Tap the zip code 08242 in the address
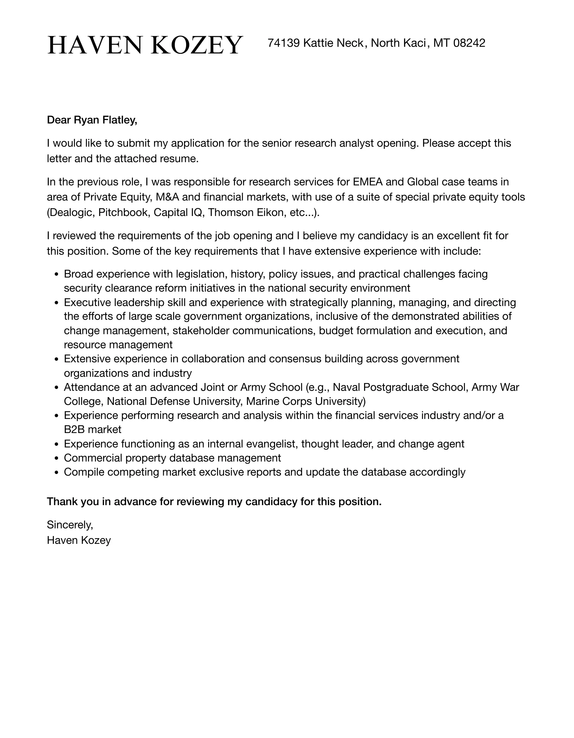pyautogui.click(x=469, y=43)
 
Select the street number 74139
pyautogui.click(x=283, y=43)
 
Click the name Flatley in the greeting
pyautogui.click(x=119, y=120)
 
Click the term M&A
pyautogui.click(x=167, y=197)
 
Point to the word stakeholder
pyautogui.click(x=201, y=331)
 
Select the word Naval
pyautogui.click(x=346, y=387)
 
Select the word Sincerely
pyautogui.click(x=70, y=525)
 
